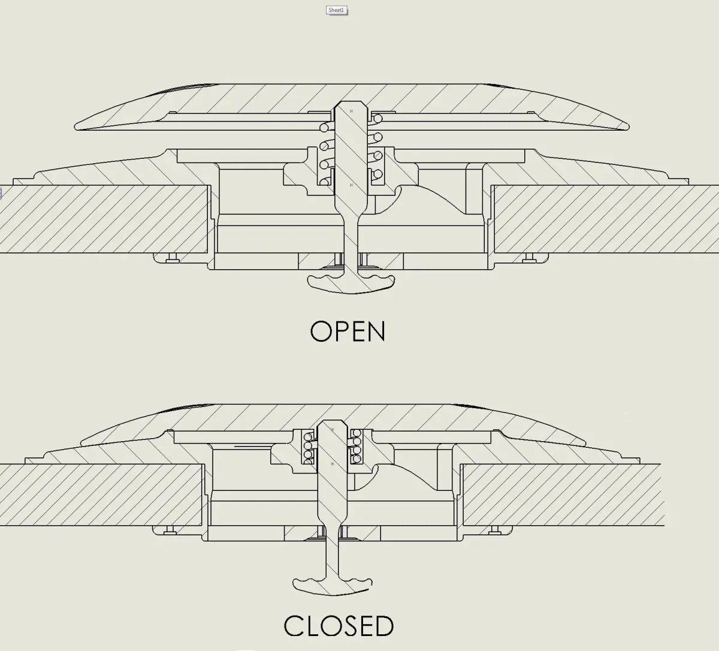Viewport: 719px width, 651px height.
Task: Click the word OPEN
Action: click(348, 331)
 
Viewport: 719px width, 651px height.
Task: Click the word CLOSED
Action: click(339, 626)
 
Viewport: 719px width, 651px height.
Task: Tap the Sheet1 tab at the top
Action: click(337, 10)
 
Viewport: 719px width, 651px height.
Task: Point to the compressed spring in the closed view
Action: click(332, 446)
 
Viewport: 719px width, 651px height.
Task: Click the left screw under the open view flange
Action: click(173, 257)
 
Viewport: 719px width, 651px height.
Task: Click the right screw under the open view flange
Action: click(528, 257)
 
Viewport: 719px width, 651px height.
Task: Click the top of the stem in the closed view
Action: click(332, 424)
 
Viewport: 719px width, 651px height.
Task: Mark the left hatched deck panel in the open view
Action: click(102, 219)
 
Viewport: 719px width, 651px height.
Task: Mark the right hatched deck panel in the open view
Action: click(605, 219)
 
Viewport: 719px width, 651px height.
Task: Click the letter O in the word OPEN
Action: click(321, 331)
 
